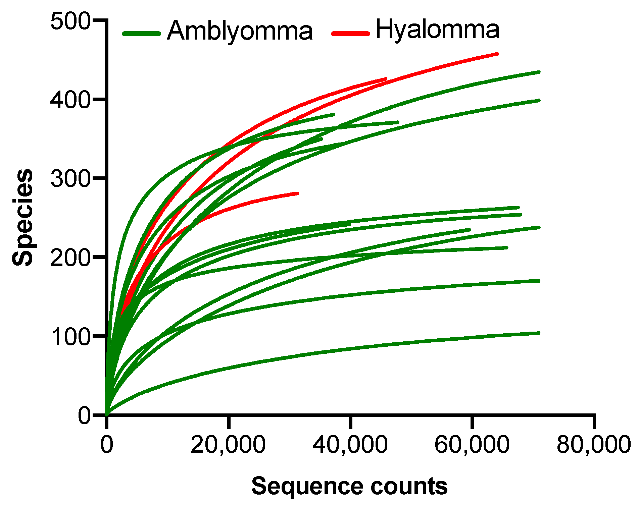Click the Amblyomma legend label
(240, 31)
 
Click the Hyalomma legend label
(437, 30)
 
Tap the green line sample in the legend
(142, 34)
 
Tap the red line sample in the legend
(350, 33)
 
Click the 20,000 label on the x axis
(228, 445)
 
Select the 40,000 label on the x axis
(350, 445)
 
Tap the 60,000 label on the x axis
(472, 445)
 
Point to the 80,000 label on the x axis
(593, 445)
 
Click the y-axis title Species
(23, 218)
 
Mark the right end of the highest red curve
(497, 54)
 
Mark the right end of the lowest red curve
(297, 193)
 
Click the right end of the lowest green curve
(539, 333)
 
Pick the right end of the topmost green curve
(539, 72)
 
